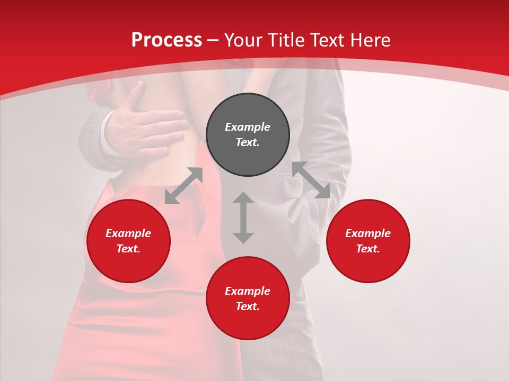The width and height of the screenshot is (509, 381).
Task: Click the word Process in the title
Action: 166,40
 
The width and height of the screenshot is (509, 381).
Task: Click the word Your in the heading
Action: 244,40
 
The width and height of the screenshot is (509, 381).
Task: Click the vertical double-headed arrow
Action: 243,217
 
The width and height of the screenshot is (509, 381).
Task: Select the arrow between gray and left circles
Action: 184,185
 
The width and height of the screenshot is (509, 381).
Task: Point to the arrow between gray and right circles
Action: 311,180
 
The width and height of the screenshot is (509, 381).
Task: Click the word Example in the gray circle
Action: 248,127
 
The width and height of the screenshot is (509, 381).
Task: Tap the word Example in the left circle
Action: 128,233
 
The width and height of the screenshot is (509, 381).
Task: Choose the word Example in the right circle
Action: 368,233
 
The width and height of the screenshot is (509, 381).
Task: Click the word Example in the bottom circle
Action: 248,291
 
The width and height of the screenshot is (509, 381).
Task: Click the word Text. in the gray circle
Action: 248,142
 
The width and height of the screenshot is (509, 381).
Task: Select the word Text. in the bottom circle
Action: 248,306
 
